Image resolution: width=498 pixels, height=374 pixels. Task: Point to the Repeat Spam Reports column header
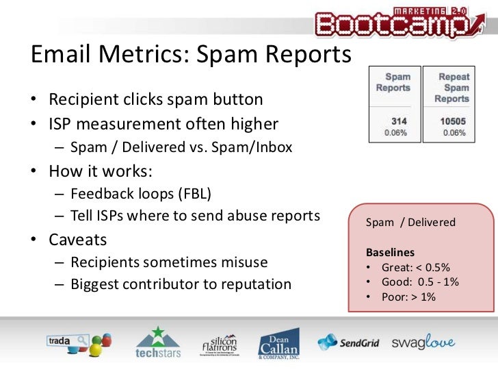(451, 88)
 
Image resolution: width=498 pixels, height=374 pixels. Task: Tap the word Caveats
(78, 240)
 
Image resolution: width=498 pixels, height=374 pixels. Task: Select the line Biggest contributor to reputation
(181, 284)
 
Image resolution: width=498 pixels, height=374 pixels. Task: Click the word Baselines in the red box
(391, 252)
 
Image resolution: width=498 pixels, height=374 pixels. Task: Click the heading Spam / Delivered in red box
(410, 223)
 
